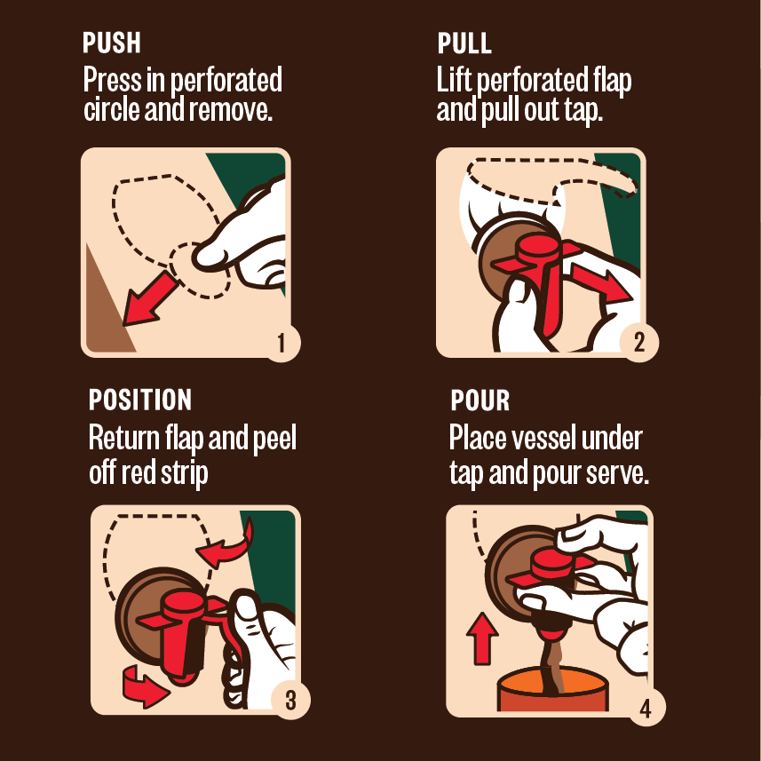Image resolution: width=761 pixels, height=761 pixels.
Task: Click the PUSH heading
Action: (112, 43)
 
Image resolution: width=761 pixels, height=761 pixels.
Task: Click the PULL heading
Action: (464, 44)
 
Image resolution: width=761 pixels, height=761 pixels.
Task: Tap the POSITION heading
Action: (140, 400)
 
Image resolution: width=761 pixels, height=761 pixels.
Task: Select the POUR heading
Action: (480, 400)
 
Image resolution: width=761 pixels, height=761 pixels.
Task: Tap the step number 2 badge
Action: (639, 342)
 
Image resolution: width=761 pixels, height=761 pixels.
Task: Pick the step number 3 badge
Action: (290, 701)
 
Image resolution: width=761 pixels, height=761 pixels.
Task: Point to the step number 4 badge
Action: (646, 708)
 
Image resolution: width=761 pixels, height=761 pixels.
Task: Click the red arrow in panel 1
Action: (149, 299)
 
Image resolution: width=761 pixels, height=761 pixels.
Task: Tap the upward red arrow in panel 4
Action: (482, 638)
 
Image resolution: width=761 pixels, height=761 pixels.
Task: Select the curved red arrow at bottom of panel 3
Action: (144, 686)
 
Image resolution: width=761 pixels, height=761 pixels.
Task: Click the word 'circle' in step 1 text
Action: (112, 110)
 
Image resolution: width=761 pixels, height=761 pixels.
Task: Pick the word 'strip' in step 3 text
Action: (184, 473)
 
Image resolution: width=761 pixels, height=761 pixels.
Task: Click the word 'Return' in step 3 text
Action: (124, 438)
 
